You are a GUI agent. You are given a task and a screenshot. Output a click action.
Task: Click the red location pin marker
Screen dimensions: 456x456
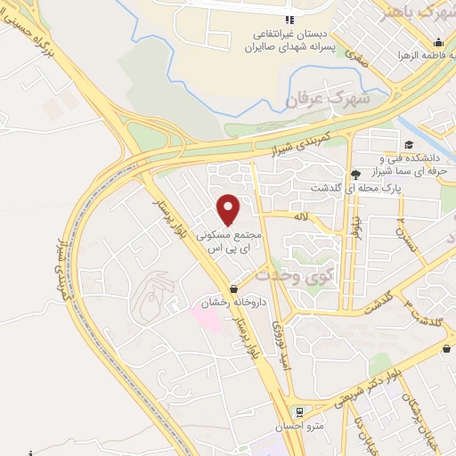click(230, 210)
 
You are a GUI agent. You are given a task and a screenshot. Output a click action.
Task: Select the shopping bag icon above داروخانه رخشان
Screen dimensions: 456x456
click(234, 289)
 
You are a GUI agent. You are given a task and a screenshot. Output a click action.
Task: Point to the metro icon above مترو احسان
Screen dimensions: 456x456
click(299, 412)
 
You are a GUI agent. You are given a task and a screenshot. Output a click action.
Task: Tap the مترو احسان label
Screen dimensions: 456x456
click(300, 426)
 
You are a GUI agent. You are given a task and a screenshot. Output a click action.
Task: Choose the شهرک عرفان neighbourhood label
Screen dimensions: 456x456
click(320, 97)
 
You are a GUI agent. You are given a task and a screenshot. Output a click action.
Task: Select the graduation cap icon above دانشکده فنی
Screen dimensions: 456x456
click(409, 145)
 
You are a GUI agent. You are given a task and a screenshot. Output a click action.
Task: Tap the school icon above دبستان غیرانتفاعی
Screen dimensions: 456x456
click(287, 20)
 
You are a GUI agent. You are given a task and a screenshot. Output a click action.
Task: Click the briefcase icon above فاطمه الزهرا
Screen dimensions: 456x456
click(438, 43)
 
